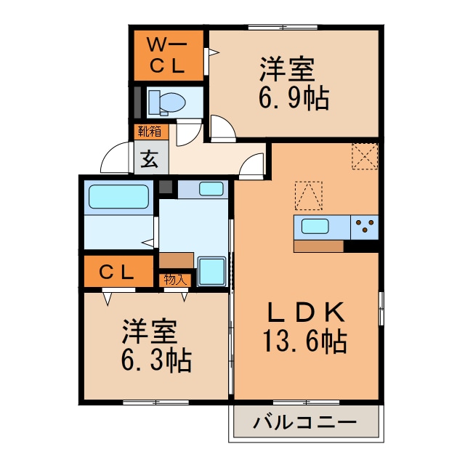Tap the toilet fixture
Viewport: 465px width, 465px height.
pyautogui.click(x=168, y=102)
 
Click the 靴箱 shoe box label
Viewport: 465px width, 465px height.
pyautogui.click(x=150, y=132)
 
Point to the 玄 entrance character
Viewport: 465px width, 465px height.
pyautogui.click(x=150, y=158)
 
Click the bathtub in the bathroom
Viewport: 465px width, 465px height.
pyautogui.click(x=118, y=196)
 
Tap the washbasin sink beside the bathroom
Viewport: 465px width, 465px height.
pyautogui.click(x=211, y=189)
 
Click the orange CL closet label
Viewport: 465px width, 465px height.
pyautogui.click(x=118, y=272)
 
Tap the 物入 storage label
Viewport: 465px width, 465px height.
pyautogui.click(x=175, y=279)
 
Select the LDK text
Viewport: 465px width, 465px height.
pyautogui.click(x=304, y=313)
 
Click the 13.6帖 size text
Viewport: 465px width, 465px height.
pyautogui.click(x=304, y=340)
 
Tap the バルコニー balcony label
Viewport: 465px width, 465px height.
pyautogui.click(x=305, y=422)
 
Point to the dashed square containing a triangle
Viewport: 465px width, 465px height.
pyautogui.click(x=309, y=195)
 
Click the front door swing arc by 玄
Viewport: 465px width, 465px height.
pyautogui.click(x=116, y=158)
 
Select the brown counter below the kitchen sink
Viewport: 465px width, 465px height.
pyautogui.click(x=318, y=246)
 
